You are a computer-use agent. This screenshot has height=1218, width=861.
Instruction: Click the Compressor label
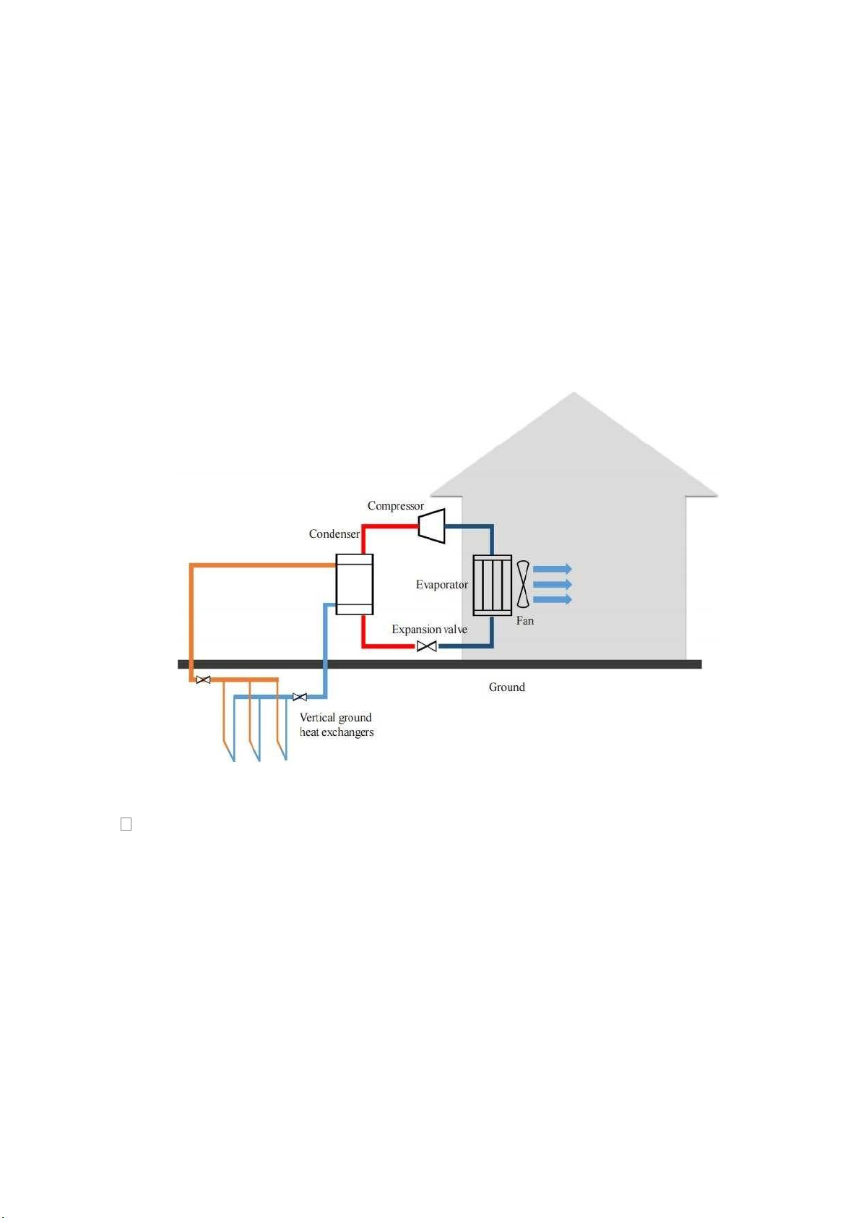[x=395, y=506]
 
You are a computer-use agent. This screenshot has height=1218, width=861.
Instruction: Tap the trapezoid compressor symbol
[x=432, y=526]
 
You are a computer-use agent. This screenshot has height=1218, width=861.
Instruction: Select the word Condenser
[x=334, y=534]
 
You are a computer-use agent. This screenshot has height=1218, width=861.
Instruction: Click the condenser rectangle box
[x=355, y=584]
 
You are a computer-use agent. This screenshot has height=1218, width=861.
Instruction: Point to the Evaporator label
[x=441, y=585]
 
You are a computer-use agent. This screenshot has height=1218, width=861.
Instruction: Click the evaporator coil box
[x=492, y=585]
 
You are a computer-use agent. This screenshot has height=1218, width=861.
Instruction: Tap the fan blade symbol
[x=523, y=584]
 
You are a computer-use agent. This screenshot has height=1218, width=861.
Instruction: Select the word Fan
[x=524, y=620]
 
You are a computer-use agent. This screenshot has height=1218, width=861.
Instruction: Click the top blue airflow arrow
[x=553, y=569]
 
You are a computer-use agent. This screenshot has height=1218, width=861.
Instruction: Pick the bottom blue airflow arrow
[x=553, y=599]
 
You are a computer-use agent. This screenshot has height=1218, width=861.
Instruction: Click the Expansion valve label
[x=430, y=630]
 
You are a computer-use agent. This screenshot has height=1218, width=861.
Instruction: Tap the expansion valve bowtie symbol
[x=426, y=646]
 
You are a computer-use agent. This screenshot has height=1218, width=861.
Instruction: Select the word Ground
[x=507, y=687]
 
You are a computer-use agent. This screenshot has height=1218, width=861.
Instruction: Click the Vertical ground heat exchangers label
[x=337, y=725]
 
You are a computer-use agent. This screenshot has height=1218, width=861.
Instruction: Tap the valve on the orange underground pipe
[x=203, y=679]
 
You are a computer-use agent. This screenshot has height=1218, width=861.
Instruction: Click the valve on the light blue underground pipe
[x=300, y=697]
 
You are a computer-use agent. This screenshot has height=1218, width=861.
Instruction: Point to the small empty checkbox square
[x=126, y=824]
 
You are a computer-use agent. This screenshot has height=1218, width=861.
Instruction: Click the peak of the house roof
[x=574, y=392]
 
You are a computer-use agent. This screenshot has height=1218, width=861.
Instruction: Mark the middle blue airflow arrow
[x=553, y=584]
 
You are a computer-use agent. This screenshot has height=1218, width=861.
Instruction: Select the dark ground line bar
[x=439, y=664]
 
